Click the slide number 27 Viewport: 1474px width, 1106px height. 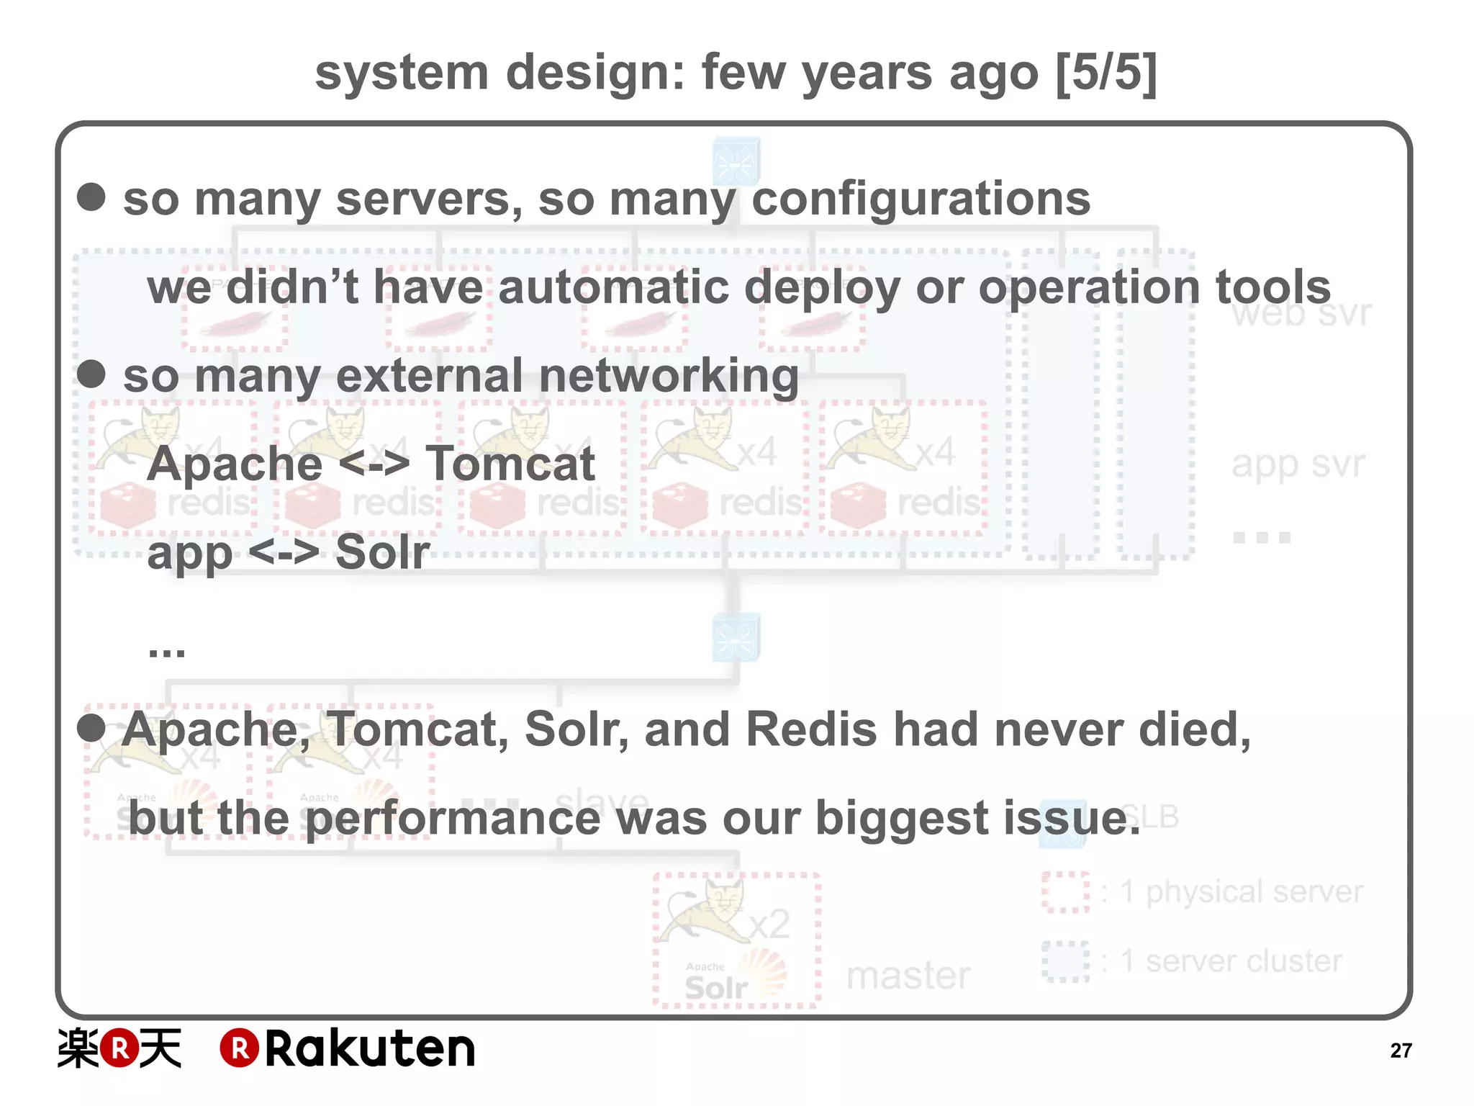click(1400, 1051)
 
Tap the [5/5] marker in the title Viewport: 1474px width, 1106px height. click(1106, 73)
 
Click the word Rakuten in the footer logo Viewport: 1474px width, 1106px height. click(370, 1048)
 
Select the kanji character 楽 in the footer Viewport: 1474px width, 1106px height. click(78, 1048)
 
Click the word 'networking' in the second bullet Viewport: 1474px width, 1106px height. click(668, 376)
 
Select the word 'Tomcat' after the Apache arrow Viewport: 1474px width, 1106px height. click(510, 464)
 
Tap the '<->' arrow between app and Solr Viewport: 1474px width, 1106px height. click(284, 552)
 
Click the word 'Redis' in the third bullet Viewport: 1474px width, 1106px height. click(811, 729)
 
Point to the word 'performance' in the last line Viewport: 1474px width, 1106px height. click(453, 819)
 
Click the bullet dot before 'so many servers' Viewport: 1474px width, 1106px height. click(91, 197)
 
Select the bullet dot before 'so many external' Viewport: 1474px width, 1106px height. click(91, 374)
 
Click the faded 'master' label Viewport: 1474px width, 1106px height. click(908, 976)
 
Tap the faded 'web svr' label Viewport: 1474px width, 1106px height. click(1301, 314)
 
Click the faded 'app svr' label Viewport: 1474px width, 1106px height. click(1298, 464)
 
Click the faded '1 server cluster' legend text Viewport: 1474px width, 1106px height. click(1231, 961)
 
